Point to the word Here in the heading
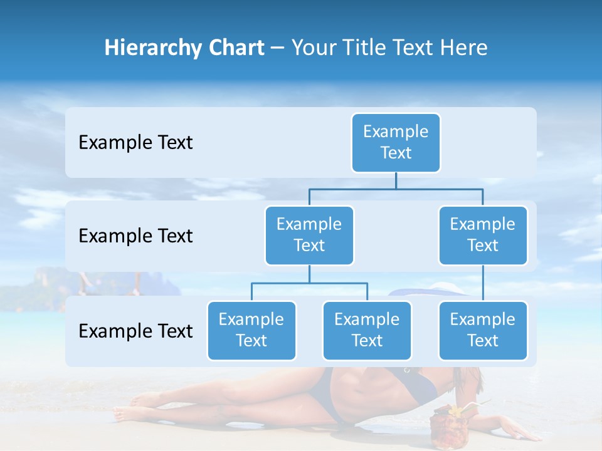(x=463, y=48)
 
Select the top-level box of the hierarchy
(x=396, y=143)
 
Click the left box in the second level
(x=309, y=235)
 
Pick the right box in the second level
(x=483, y=235)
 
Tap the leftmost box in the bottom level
(x=251, y=330)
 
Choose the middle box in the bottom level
(x=367, y=330)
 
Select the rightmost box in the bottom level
(x=483, y=330)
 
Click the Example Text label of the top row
(x=135, y=143)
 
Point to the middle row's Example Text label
(x=135, y=236)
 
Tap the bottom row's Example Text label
(x=135, y=331)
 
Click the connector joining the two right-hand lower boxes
(x=483, y=283)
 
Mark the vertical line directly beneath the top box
(x=396, y=180)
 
